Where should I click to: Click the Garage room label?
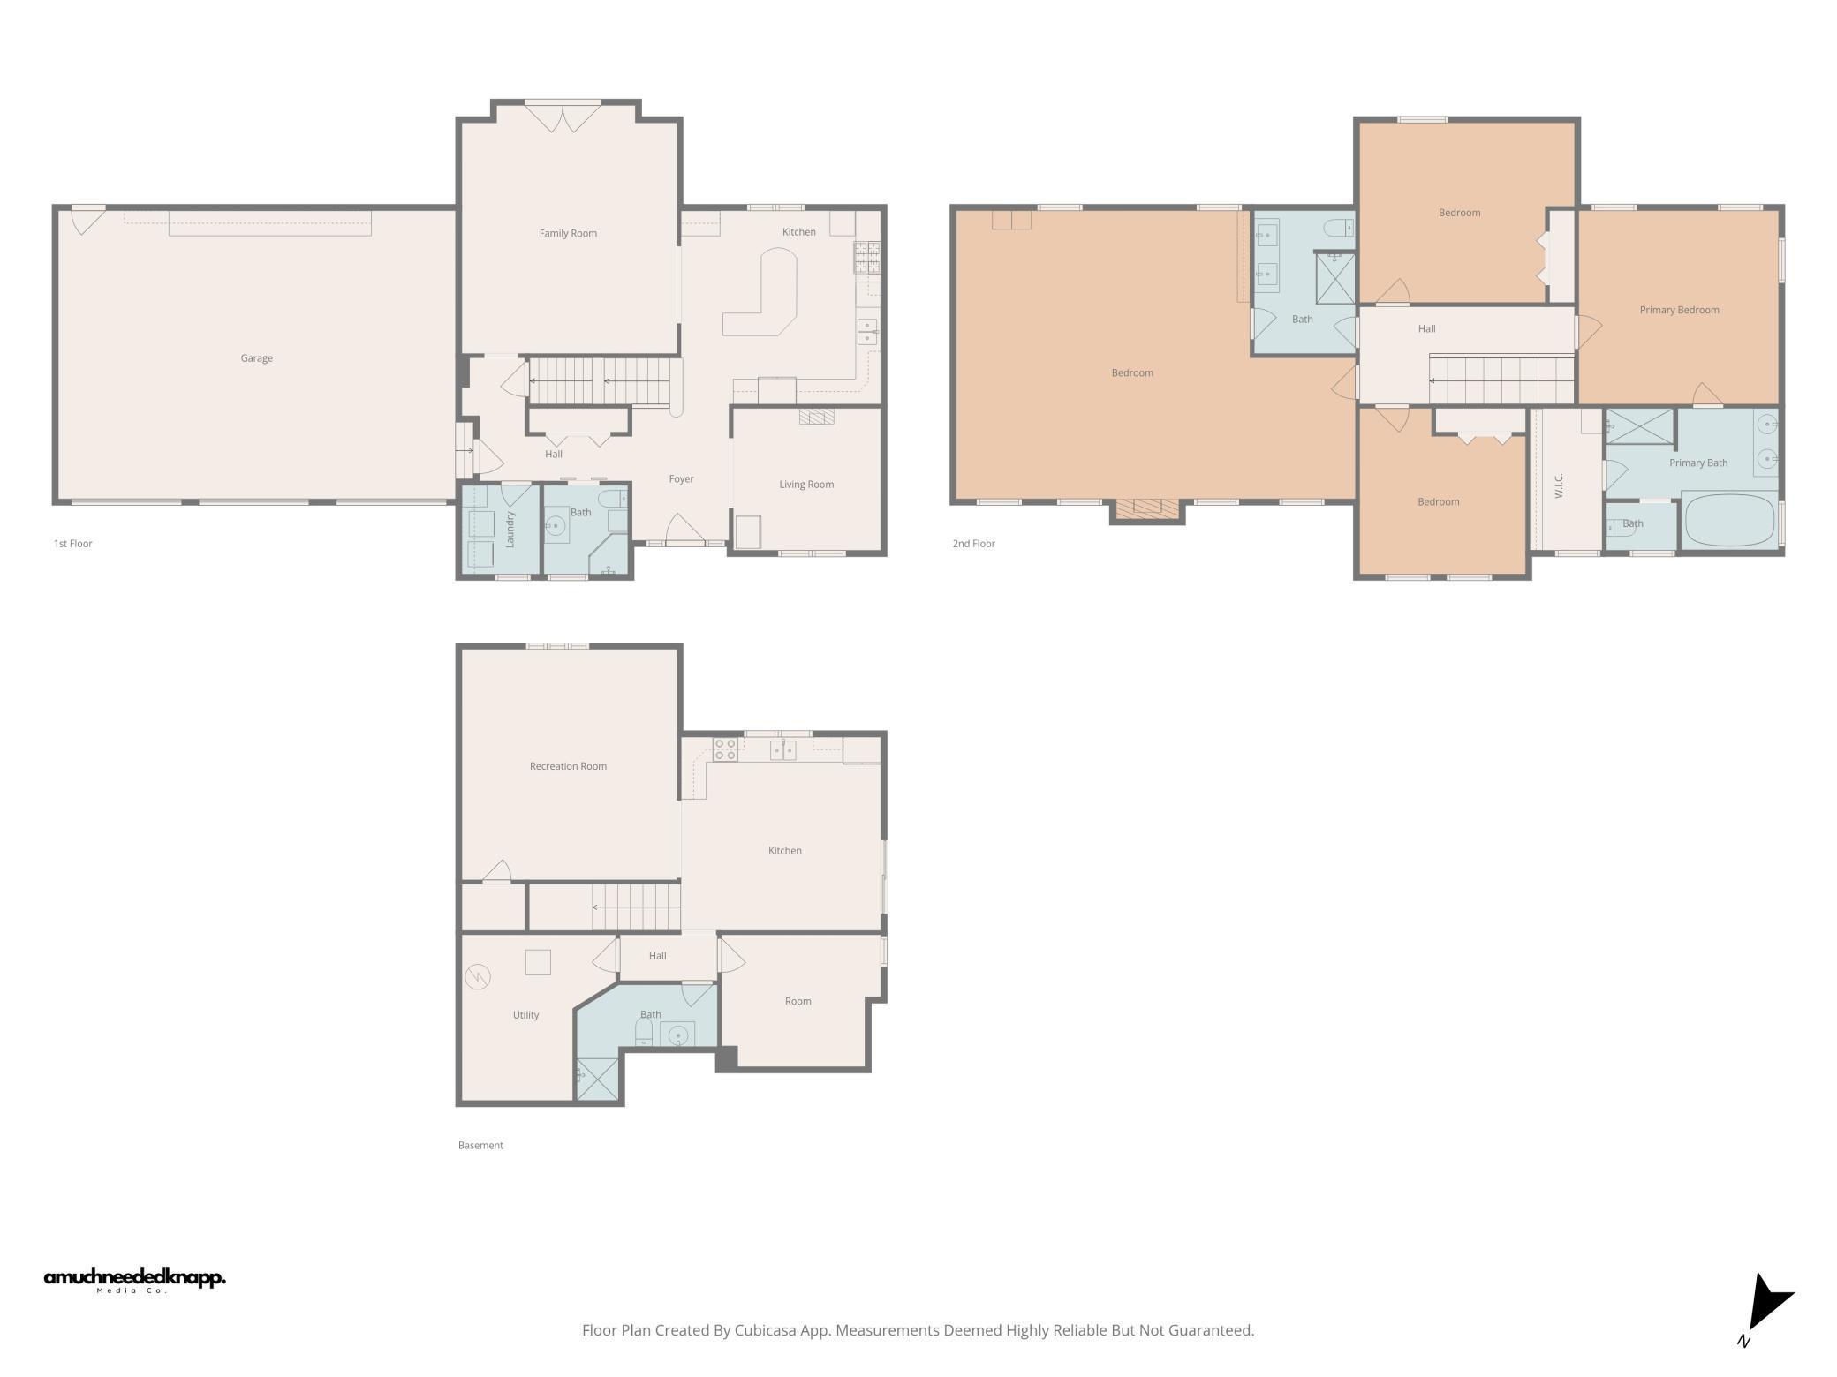click(x=256, y=358)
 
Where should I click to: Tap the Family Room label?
click(x=568, y=234)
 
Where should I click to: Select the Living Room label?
click(x=805, y=485)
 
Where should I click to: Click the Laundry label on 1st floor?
click(x=510, y=529)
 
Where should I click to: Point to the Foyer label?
click(x=681, y=479)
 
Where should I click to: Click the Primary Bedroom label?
click(x=1679, y=311)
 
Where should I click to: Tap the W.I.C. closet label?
click(x=1559, y=485)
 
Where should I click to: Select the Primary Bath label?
click(x=1697, y=463)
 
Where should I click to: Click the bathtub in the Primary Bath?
click(x=1729, y=521)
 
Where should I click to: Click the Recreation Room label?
click(x=568, y=767)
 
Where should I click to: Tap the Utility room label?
click(x=525, y=1016)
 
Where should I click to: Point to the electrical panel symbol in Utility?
click(x=478, y=976)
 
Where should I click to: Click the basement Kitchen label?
click(x=784, y=852)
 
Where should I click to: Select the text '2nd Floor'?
click(x=973, y=545)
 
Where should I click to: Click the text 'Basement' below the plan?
click(x=480, y=1146)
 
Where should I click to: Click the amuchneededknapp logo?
click(x=134, y=1279)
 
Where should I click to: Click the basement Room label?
click(x=798, y=1002)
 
